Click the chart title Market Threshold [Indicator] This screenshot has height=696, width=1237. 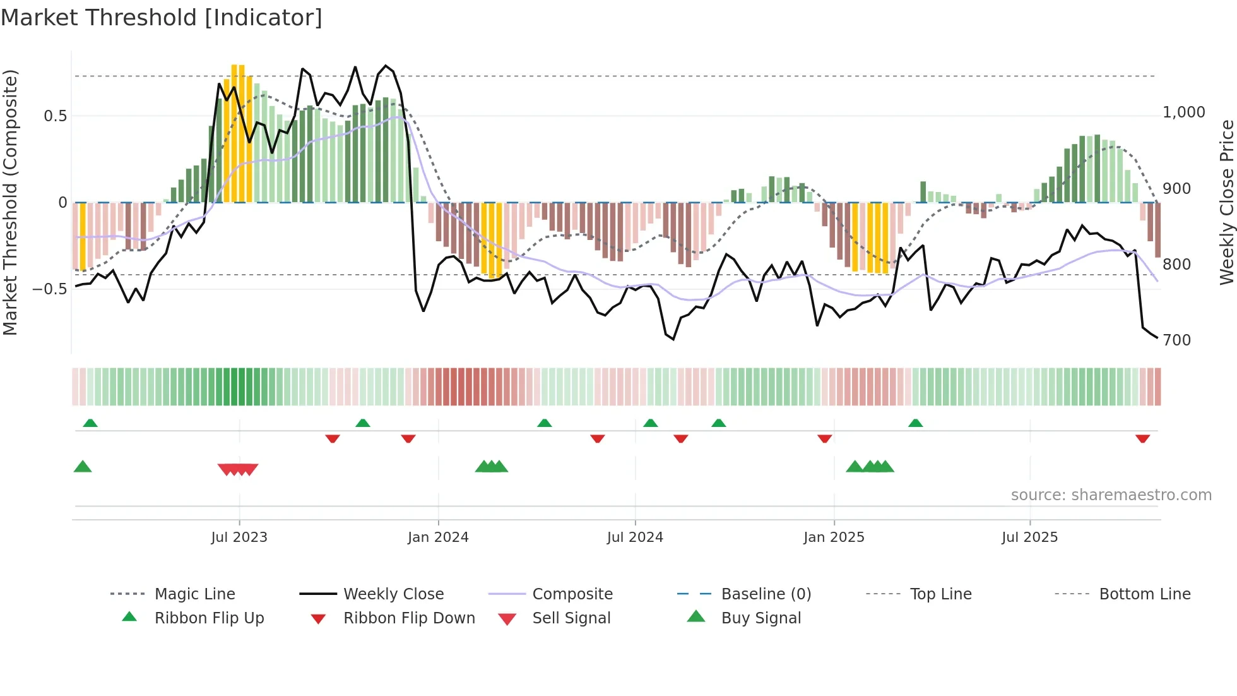[x=162, y=18]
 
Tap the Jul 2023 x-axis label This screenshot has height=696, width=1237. [x=239, y=537]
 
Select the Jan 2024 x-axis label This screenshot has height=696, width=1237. [x=438, y=537]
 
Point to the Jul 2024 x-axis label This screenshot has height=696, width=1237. [x=635, y=537]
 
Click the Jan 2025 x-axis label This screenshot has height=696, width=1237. [x=834, y=537]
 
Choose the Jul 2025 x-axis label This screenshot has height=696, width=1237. [x=1029, y=537]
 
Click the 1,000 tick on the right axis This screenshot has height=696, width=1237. [x=1183, y=112]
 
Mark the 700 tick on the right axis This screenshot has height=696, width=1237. [x=1176, y=340]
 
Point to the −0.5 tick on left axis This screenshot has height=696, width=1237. [x=50, y=289]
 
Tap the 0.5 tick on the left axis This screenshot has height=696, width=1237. [x=56, y=116]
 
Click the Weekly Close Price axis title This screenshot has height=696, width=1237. [x=1226, y=202]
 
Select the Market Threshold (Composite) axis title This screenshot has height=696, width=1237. [x=10, y=202]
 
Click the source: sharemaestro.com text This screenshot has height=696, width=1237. [x=1111, y=495]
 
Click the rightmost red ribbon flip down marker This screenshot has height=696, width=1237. [x=1142, y=438]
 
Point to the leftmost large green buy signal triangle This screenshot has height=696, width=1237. [x=83, y=467]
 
